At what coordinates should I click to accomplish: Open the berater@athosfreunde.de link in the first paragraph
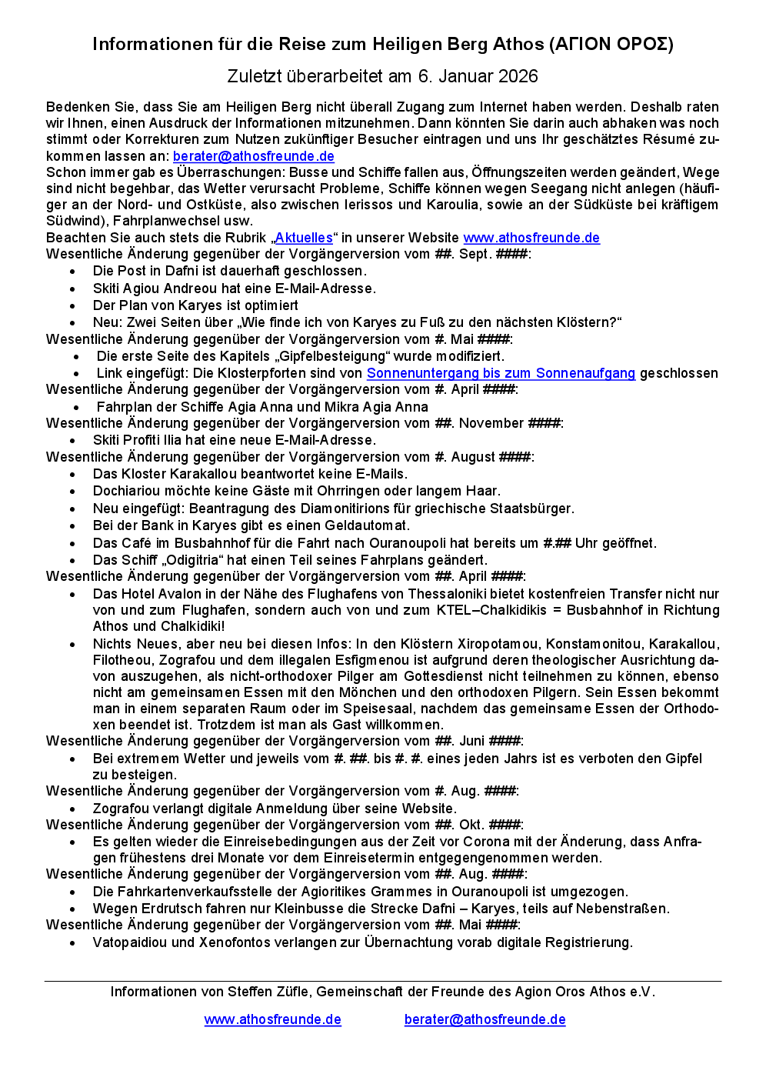pos(253,156)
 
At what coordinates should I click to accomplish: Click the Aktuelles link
pos(304,238)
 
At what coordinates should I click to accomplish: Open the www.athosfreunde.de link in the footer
pos(272,1019)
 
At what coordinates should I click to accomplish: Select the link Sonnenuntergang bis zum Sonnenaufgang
pos(501,373)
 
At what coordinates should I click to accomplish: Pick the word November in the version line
pos(491,423)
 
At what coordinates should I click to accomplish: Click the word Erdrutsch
pos(168,909)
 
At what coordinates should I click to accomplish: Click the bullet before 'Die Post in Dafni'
pos(73,272)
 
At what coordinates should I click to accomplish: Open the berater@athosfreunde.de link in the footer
pos(485,1019)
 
